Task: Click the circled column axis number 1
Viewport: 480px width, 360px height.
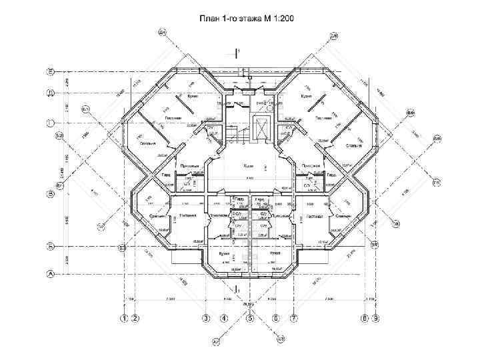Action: point(124,319)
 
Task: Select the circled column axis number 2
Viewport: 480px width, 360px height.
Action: point(135,319)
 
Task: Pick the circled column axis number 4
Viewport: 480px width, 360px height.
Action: point(224,319)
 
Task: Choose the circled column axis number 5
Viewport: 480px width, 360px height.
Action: point(250,319)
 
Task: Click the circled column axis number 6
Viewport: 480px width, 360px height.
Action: point(275,319)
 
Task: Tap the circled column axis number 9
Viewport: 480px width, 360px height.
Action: point(376,319)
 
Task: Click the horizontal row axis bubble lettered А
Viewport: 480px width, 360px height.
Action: point(50,273)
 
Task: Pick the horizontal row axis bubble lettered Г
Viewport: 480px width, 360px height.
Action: point(50,123)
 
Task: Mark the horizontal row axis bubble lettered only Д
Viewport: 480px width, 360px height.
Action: point(50,93)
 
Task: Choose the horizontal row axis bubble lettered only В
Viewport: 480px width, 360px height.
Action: point(50,195)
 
